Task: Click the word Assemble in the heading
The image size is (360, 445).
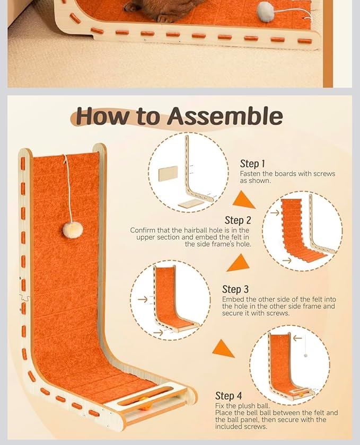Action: (x=224, y=117)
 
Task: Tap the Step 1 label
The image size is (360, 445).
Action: (x=252, y=164)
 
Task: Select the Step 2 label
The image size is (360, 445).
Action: (x=238, y=220)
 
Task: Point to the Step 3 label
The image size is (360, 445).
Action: (x=235, y=289)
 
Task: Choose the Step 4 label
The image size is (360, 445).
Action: (x=229, y=396)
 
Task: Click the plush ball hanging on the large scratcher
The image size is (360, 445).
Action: (x=73, y=230)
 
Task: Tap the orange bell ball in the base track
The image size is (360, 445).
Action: (x=145, y=403)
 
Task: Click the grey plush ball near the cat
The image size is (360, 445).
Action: (x=266, y=11)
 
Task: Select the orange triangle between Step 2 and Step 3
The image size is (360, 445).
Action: (x=239, y=263)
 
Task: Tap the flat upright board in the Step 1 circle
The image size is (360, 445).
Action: (x=168, y=173)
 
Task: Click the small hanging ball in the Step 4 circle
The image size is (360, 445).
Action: (x=305, y=355)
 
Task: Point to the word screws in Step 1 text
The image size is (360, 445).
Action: (x=324, y=174)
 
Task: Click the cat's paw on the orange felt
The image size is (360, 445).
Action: (x=165, y=19)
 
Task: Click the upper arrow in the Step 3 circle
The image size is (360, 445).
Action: (x=143, y=299)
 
